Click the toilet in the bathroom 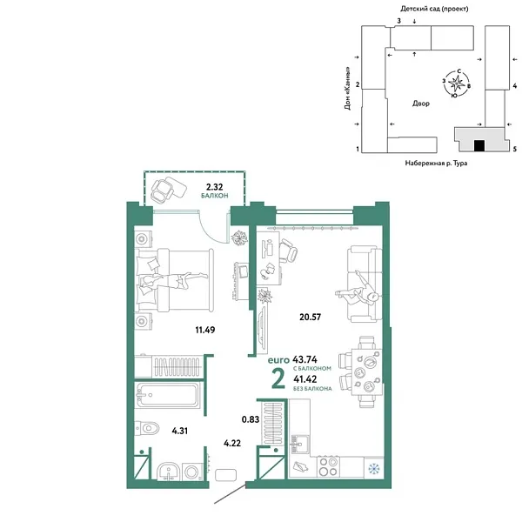tap(151, 427)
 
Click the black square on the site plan tap(479, 145)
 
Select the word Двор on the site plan tap(421, 103)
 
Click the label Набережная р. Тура tap(436, 163)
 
